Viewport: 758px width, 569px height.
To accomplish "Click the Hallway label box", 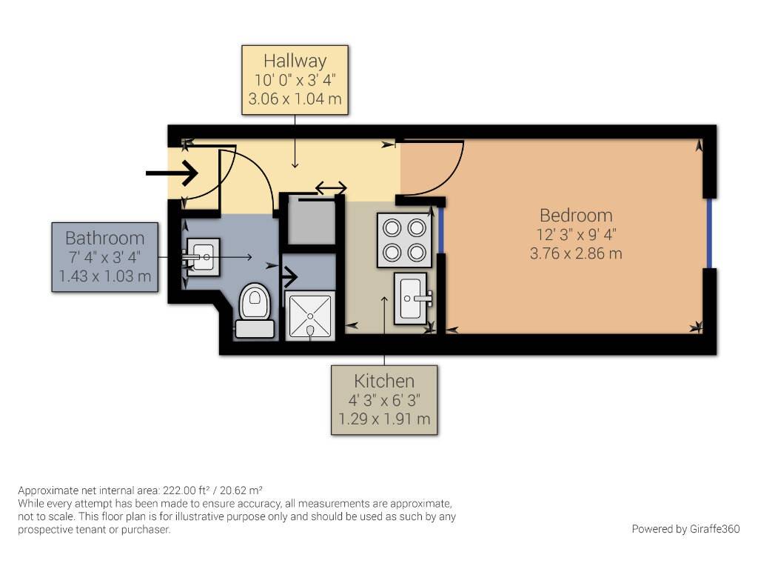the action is (295, 80).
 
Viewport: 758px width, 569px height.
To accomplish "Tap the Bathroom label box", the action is (105, 257).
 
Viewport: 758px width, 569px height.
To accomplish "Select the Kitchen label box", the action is (384, 399).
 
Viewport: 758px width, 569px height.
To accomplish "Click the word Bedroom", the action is (576, 216).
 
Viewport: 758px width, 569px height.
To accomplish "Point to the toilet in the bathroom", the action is (255, 310).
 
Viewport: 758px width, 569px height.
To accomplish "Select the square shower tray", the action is (310, 316).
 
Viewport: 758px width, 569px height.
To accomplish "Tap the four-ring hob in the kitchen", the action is (404, 239).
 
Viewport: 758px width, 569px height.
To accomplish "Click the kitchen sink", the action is (412, 299).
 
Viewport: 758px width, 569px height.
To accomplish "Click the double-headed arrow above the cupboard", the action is (331, 187).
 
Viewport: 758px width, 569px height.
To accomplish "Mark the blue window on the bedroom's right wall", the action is (709, 233).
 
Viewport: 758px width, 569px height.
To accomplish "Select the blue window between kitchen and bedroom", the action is (441, 230).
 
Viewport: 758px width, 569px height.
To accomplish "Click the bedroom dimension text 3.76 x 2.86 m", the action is (576, 253).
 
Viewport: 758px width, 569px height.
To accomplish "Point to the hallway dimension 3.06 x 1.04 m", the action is (295, 99).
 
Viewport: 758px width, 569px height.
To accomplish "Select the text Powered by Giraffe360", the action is (685, 529).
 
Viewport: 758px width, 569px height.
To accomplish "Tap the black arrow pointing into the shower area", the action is (289, 278).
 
